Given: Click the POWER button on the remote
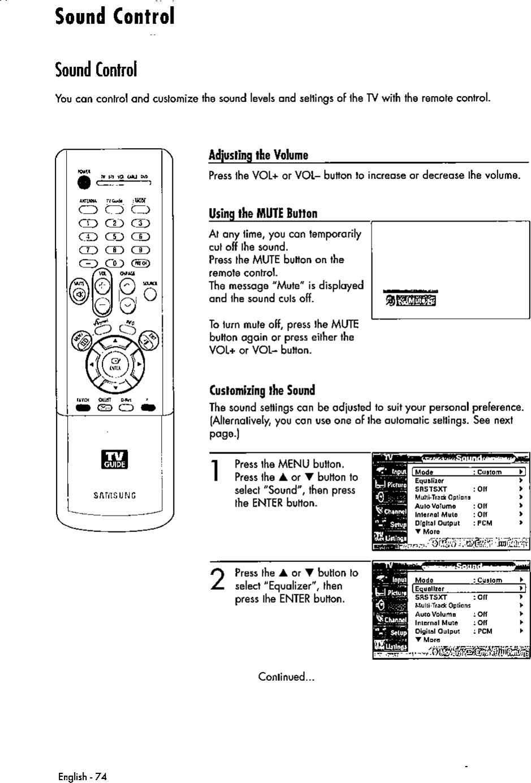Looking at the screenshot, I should click(x=84, y=182).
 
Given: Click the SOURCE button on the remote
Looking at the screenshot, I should click(x=150, y=295).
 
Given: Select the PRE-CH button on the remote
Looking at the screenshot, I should click(x=140, y=262).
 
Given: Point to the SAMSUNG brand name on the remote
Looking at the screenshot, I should click(x=114, y=496).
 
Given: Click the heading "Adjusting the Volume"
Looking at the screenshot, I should click(x=258, y=155).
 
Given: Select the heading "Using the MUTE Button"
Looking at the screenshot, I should click(x=262, y=213).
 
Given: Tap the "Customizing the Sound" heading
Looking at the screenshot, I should click(x=262, y=390).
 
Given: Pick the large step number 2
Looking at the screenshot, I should click(x=215, y=580).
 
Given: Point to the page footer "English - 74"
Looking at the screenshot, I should click(x=83, y=776).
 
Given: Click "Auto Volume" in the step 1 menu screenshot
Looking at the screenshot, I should click(x=435, y=506).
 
